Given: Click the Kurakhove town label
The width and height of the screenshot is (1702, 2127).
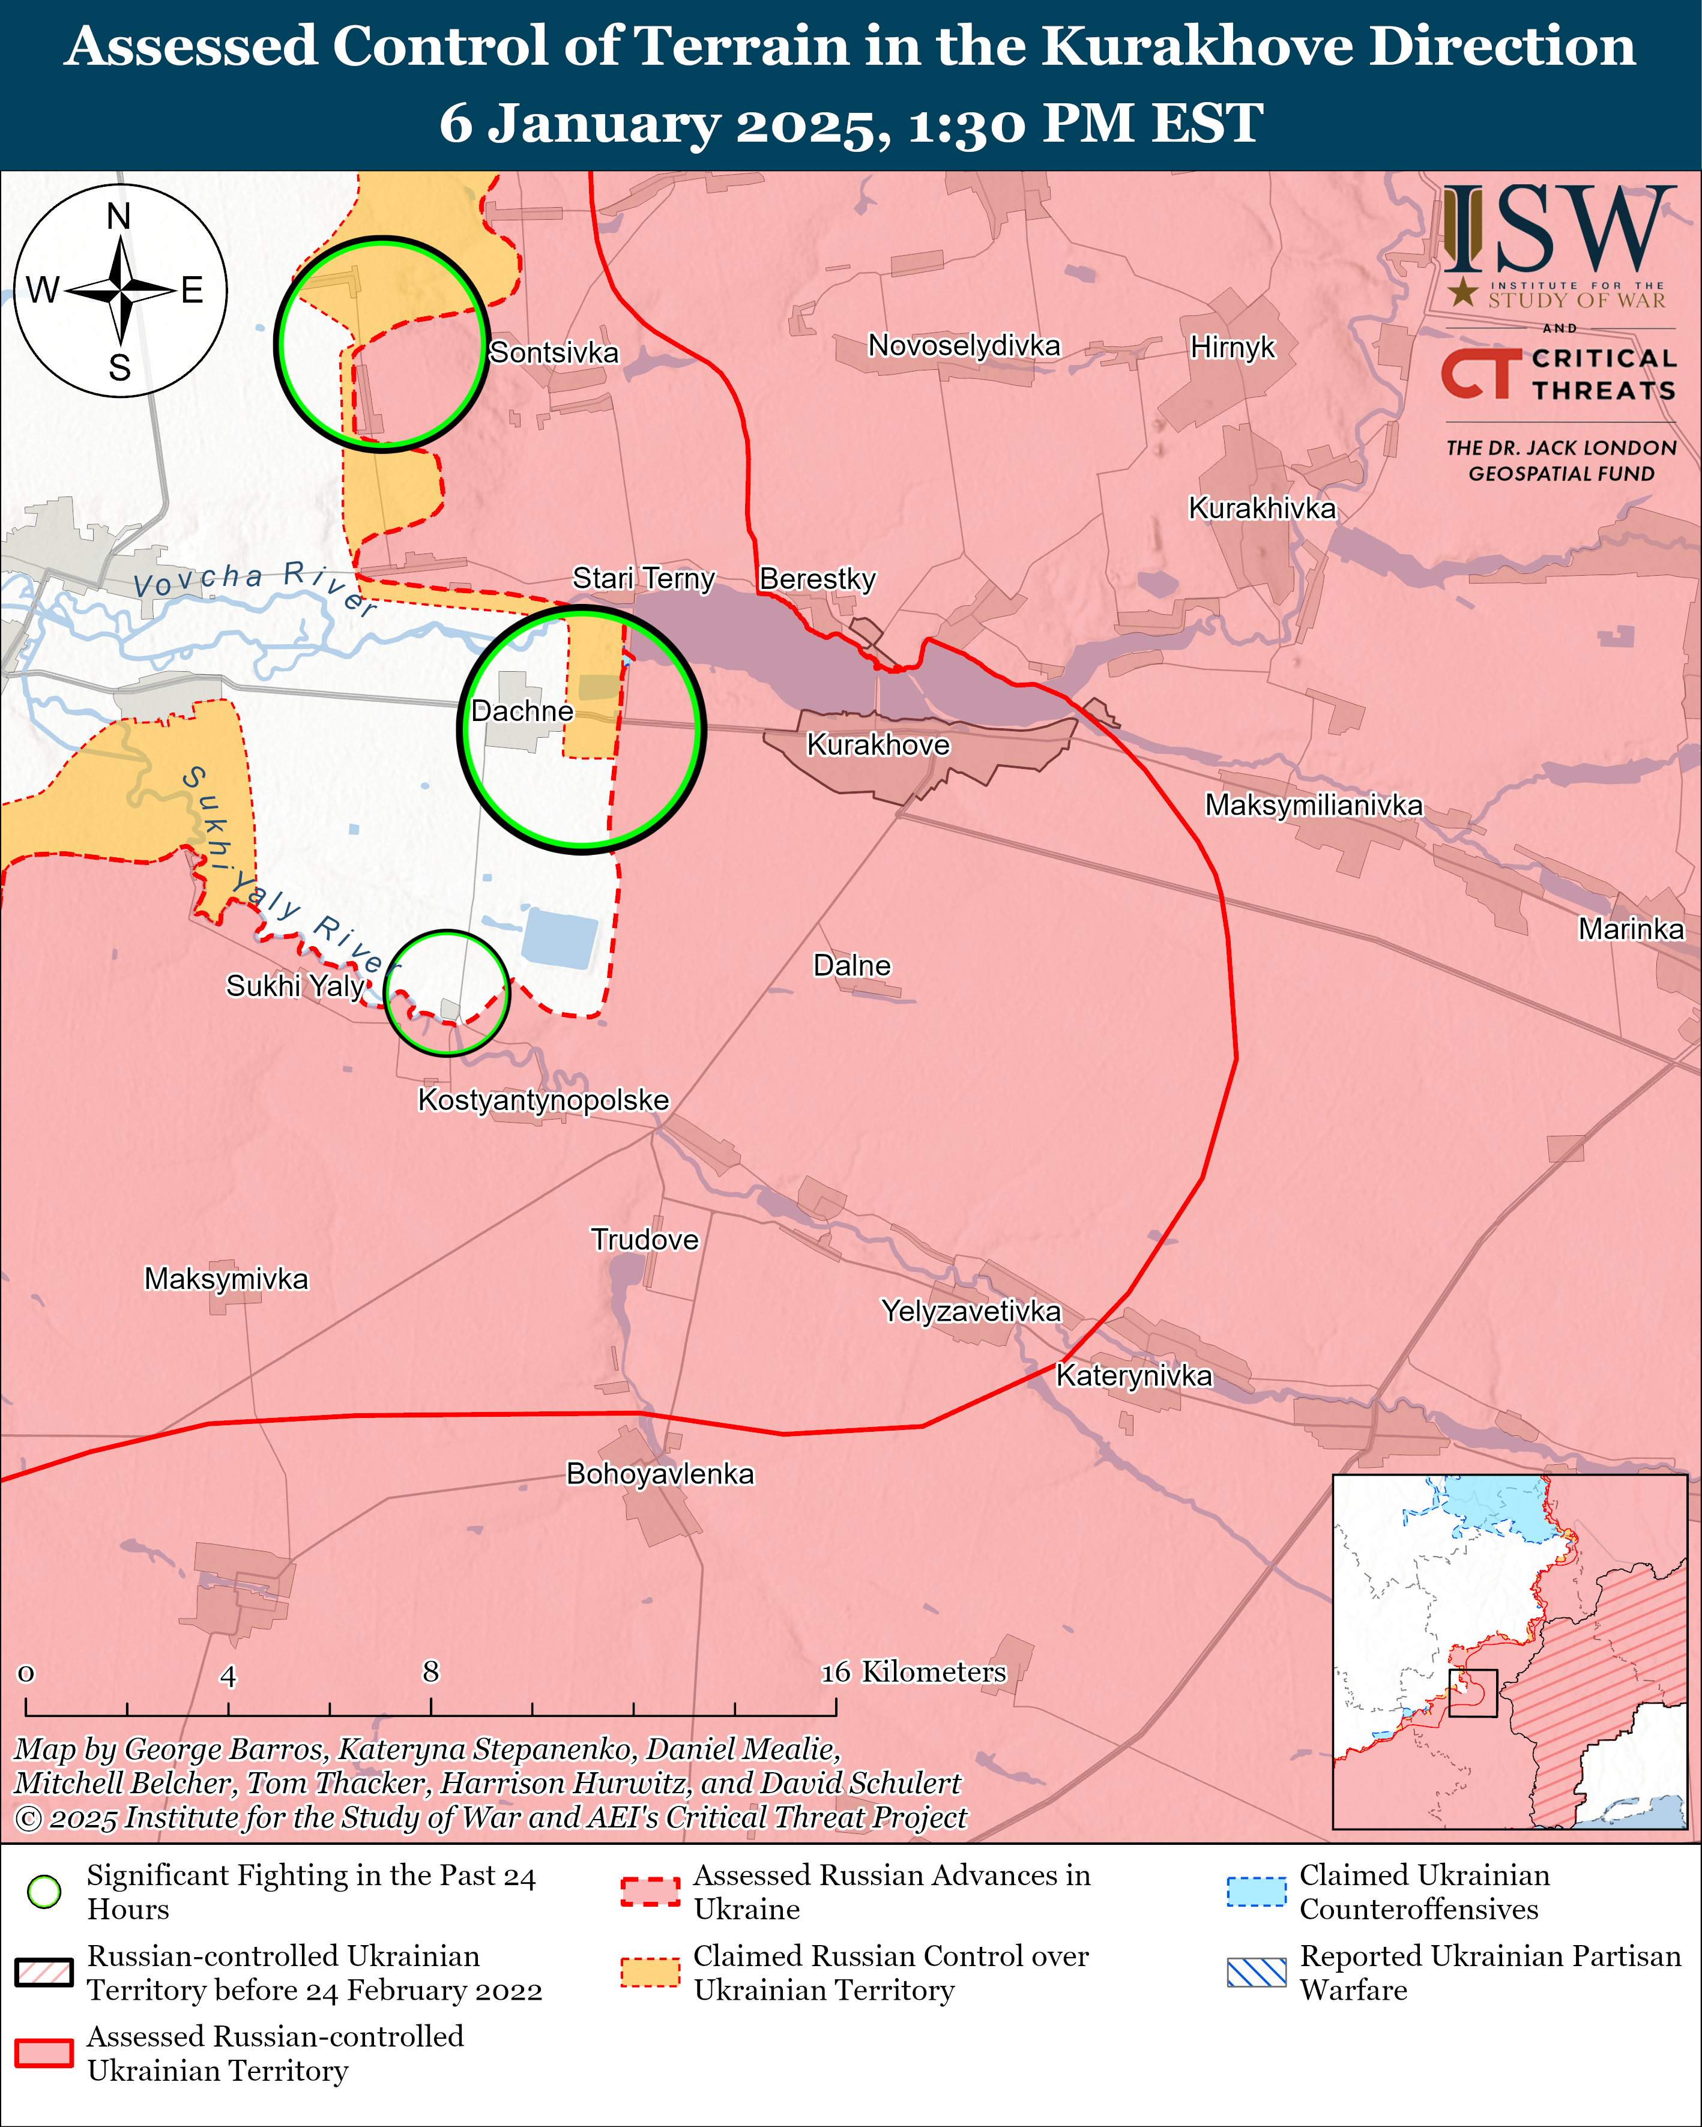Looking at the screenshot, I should point(877,745).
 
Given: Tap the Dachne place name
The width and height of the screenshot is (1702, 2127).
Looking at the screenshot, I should point(522,711).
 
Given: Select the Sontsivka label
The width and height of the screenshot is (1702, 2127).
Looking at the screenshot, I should point(554,352).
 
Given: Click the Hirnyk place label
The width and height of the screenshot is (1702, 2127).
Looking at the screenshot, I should point(1233,347).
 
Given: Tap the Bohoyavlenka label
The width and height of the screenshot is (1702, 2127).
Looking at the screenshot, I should point(659,1474).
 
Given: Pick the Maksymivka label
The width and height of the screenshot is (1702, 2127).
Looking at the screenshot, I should point(226,1279).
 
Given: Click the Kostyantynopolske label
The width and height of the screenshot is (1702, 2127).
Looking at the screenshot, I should point(543,1100).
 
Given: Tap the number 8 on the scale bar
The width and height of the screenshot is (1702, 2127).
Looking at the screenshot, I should point(431,1672).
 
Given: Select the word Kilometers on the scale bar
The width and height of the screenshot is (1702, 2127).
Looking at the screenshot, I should point(934,1672).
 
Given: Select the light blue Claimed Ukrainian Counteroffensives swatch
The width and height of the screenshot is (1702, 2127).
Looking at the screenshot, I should point(1256,1891).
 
